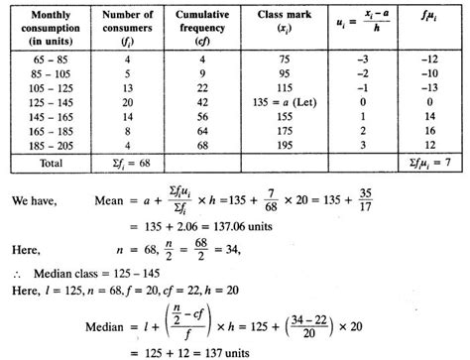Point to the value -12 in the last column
click(429, 60)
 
